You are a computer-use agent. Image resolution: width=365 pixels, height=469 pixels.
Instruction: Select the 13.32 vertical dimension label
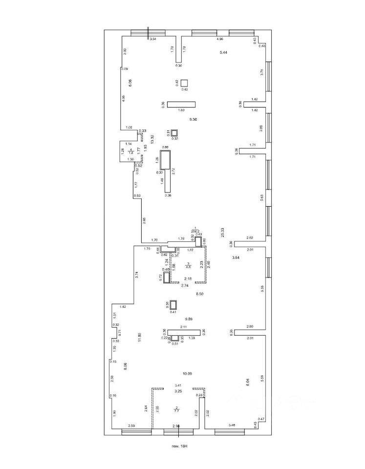point(152,139)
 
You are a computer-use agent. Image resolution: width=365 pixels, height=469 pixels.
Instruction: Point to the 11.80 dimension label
point(139,337)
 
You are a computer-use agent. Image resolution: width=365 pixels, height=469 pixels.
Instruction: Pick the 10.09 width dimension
point(188,374)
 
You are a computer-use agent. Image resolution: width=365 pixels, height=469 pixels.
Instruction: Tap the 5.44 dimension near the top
point(224,52)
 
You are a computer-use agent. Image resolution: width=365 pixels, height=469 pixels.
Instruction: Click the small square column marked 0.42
point(184,83)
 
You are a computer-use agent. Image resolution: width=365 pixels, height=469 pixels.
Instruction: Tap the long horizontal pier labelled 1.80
point(181,104)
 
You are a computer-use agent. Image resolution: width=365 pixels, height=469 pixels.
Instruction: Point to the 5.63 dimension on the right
point(262,197)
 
